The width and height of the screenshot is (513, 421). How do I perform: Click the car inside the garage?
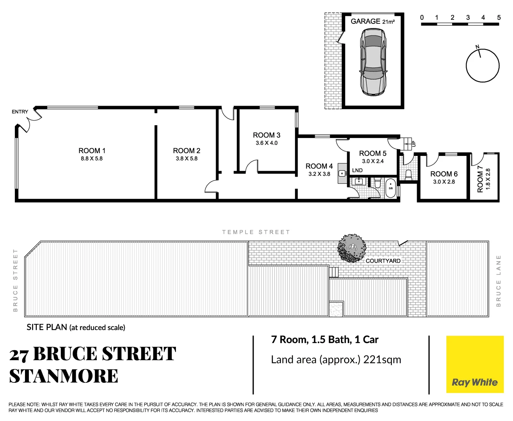pyautogui.click(x=373, y=62)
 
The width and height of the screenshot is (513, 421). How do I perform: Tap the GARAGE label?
pyautogui.click(x=365, y=21)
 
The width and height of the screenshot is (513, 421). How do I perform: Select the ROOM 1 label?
pyautogui.click(x=92, y=151)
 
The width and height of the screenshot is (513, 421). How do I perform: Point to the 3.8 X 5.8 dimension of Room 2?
pyautogui.click(x=186, y=159)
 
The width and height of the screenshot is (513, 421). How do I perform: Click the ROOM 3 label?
pyautogui.click(x=266, y=135)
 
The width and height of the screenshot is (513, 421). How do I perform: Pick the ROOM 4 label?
pyautogui.click(x=319, y=166)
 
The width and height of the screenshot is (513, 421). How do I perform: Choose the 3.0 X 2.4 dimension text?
pyautogui.click(x=373, y=161)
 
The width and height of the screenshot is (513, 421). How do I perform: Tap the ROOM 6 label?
pyautogui.click(x=444, y=174)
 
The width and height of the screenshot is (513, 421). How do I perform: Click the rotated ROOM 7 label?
pyautogui.click(x=480, y=179)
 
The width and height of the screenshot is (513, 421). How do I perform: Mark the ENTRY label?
pyautogui.click(x=20, y=112)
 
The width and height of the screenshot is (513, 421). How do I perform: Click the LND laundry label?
pyautogui.click(x=357, y=170)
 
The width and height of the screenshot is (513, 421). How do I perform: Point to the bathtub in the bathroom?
pyautogui.click(x=391, y=188)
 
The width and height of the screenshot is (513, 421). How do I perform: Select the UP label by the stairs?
pyautogui.click(x=414, y=143)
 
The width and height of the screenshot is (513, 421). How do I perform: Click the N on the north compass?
pyautogui.click(x=477, y=47)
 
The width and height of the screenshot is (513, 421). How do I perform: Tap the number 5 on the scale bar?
pyautogui.click(x=499, y=18)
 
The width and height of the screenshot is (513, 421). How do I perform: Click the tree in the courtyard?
pyautogui.click(x=352, y=248)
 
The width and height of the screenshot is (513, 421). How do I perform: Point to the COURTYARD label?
pyautogui.click(x=383, y=261)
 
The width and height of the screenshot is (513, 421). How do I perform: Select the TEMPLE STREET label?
pyautogui.click(x=256, y=232)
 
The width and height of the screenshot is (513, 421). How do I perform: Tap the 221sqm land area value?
pyautogui.click(x=382, y=359)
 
